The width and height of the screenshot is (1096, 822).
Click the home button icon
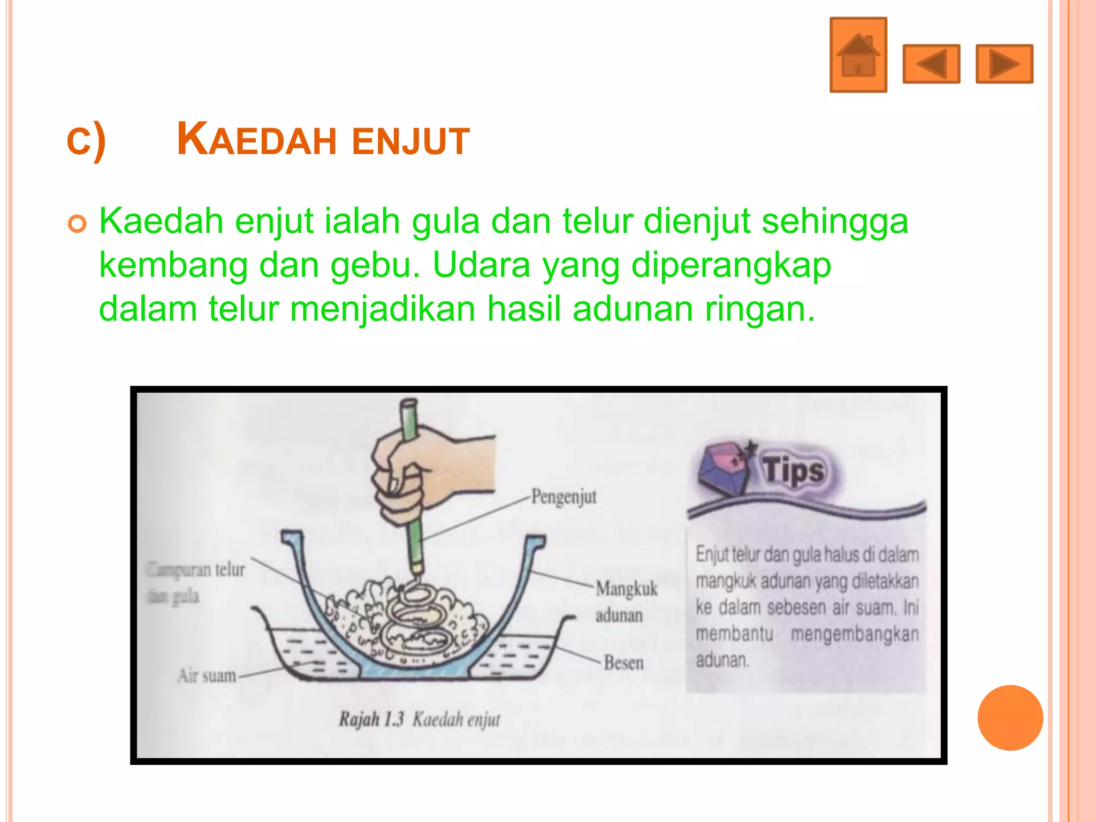[x=858, y=55]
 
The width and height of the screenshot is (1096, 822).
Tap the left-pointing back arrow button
[x=931, y=64]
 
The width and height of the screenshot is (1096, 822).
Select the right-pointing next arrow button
[x=1004, y=64]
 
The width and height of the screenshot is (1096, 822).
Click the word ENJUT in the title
[x=410, y=141]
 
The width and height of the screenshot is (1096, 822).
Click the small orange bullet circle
[x=77, y=224]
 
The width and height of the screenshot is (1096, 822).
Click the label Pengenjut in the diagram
[x=564, y=497]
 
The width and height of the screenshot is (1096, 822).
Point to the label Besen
[x=623, y=663]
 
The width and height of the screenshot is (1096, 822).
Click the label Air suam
[x=207, y=676]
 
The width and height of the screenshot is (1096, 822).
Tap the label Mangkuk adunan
[x=626, y=602]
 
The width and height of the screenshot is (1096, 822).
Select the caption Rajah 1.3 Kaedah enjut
[x=420, y=719]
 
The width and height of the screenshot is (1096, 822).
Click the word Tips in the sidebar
[x=794, y=470]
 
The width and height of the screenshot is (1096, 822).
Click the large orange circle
[x=1010, y=718]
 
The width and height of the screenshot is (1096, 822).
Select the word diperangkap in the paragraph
[x=731, y=265]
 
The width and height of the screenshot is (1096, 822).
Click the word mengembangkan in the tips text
[x=855, y=634]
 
